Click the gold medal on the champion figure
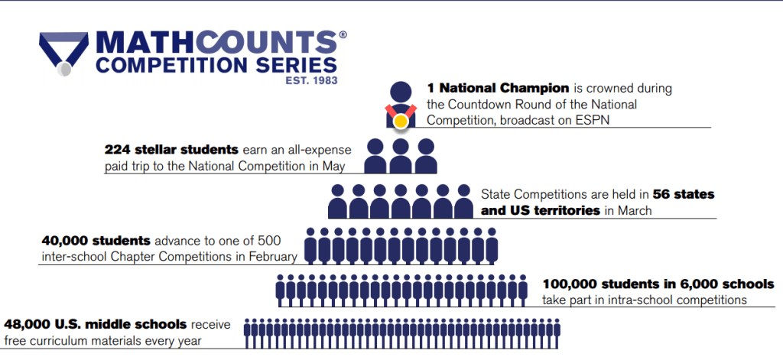point(400,122)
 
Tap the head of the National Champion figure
point(401,92)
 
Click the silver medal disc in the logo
point(64,70)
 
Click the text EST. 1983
point(312,80)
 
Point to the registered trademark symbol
point(343,34)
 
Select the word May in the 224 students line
point(334,167)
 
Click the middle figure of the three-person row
point(401,156)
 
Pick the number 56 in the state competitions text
point(661,193)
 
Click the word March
point(634,210)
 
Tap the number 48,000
point(28,325)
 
